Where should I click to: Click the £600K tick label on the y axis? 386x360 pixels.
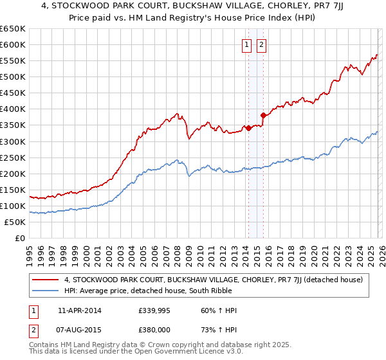13,44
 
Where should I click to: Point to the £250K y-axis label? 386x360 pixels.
13,157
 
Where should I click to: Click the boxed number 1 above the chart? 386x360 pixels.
247,45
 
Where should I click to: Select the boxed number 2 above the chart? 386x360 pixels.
262,45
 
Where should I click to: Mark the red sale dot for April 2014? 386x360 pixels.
248,128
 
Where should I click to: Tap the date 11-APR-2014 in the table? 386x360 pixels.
79,310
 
